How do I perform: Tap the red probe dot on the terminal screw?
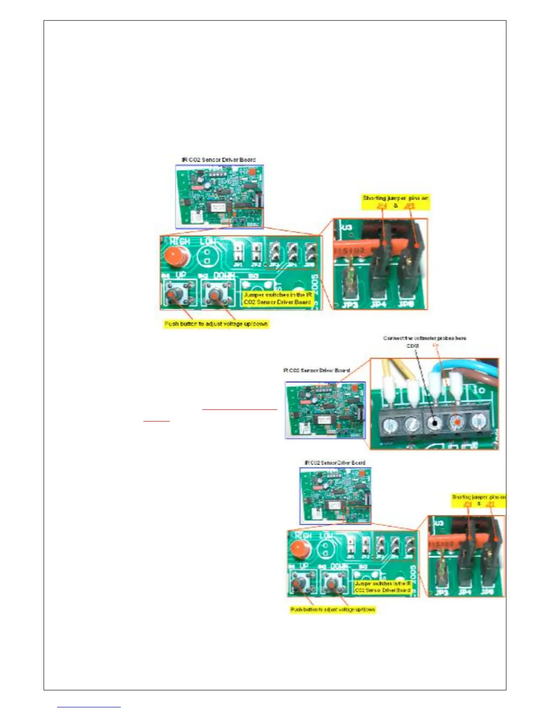click(457, 422)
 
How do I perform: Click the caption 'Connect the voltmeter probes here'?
click(425, 338)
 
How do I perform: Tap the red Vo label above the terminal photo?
click(435, 346)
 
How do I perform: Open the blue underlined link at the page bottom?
click(89, 707)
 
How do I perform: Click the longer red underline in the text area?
click(240, 409)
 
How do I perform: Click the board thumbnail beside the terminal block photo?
click(325, 410)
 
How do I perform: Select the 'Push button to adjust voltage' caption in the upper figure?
click(216, 324)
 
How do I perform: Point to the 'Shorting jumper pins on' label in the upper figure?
click(395, 198)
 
